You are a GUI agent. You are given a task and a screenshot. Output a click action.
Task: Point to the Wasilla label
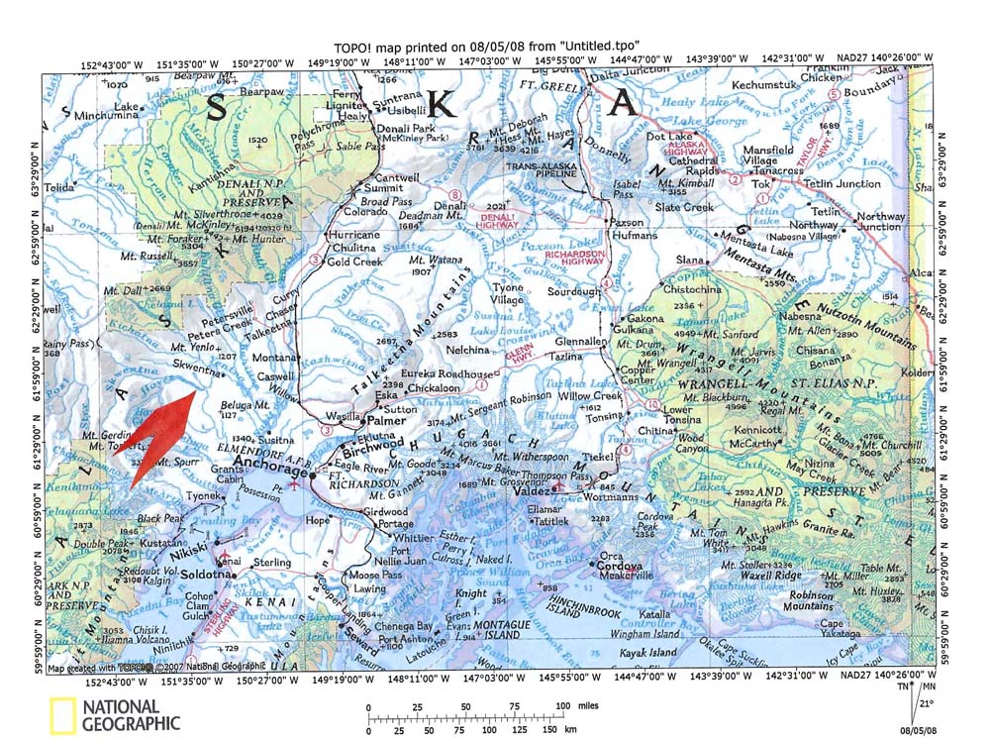click(x=343, y=417)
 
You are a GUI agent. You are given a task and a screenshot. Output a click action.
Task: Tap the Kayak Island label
click(x=649, y=652)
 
